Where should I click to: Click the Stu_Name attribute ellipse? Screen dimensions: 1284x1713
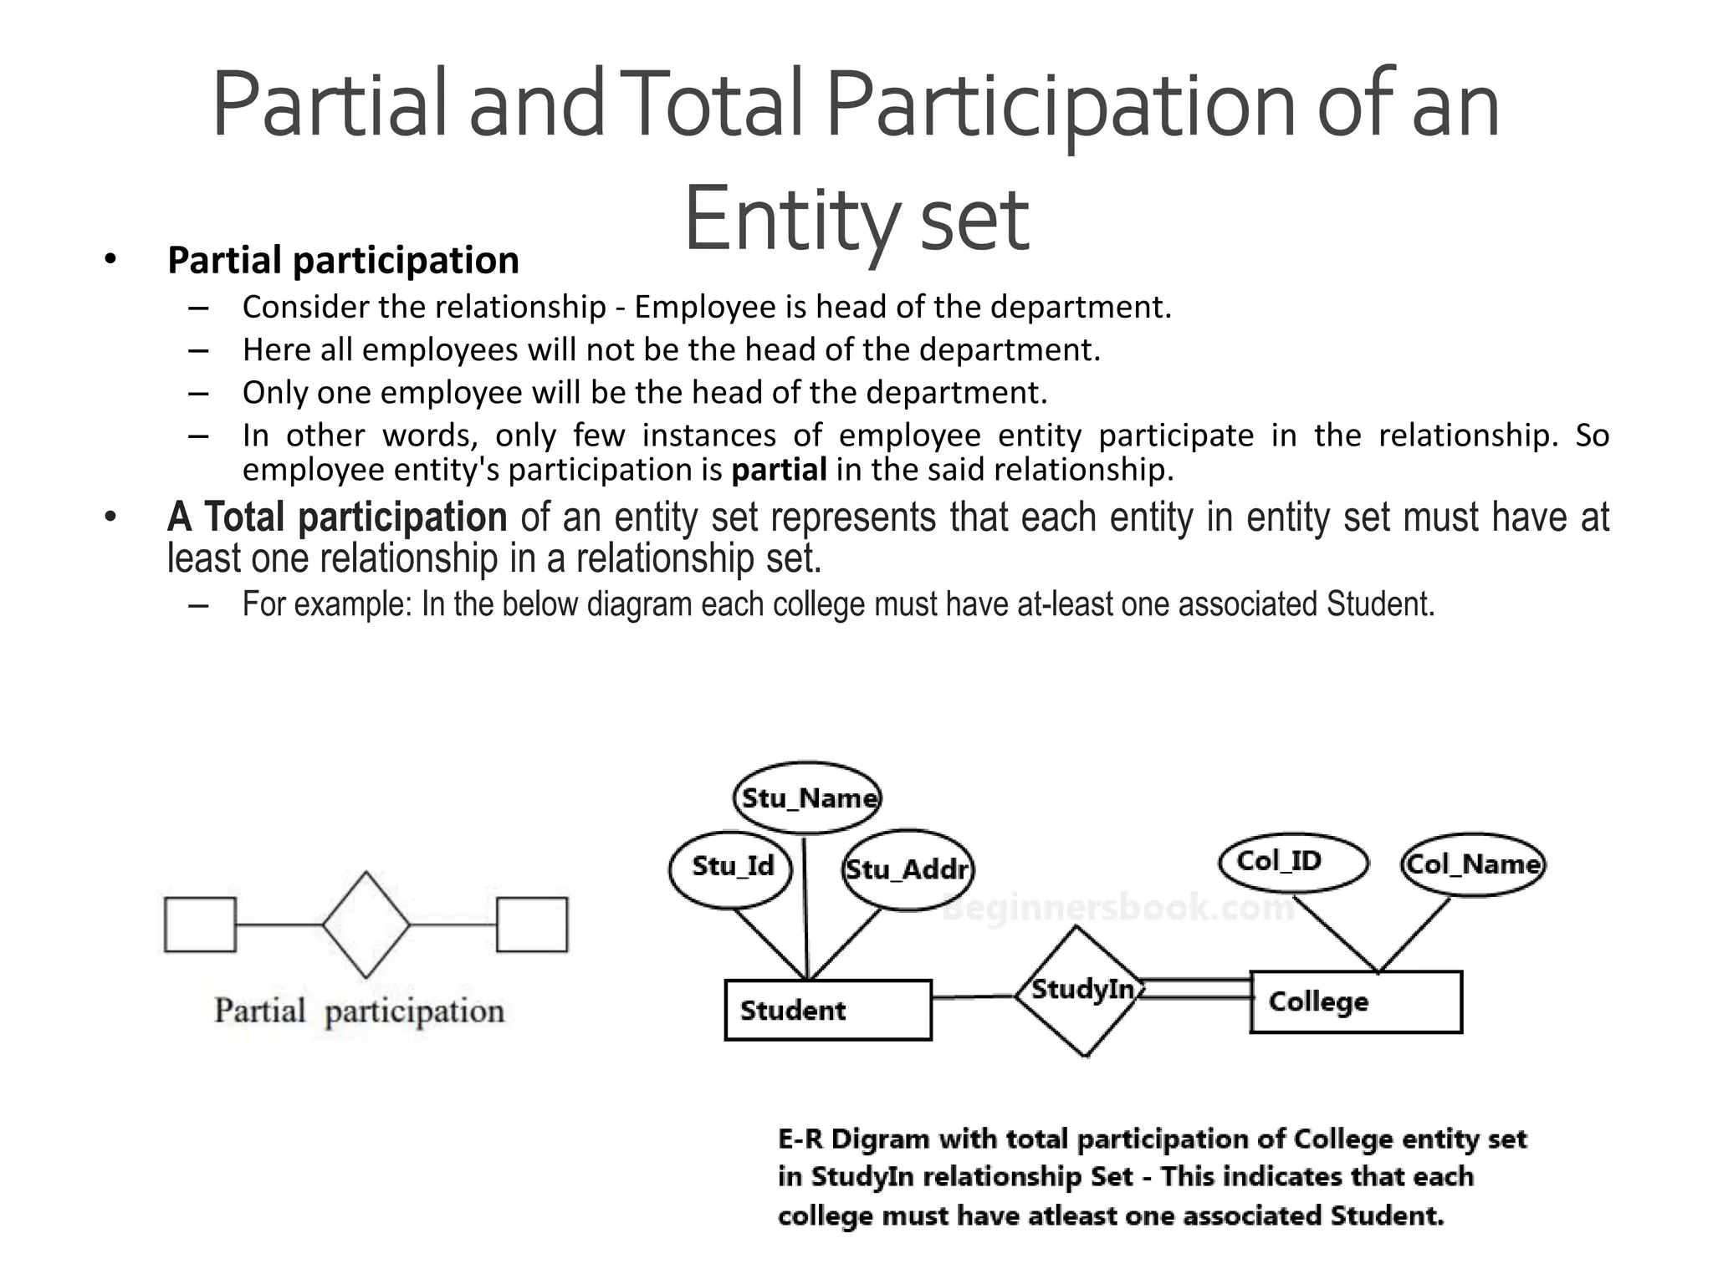(x=808, y=797)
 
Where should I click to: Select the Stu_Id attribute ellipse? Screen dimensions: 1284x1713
(x=731, y=868)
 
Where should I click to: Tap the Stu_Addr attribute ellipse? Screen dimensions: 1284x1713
(x=908, y=869)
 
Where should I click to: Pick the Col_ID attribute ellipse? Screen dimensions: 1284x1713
(x=1293, y=862)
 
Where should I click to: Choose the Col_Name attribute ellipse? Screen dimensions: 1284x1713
(x=1473, y=864)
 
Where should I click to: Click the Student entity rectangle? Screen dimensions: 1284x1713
(x=828, y=1010)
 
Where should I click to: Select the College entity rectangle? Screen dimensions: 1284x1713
(x=1356, y=1001)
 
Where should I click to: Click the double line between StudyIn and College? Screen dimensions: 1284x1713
(x=1196, y=990)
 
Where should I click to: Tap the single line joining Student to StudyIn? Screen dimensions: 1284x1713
(x=973, y=997)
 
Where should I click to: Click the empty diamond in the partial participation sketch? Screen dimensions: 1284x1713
(x=366, y=925)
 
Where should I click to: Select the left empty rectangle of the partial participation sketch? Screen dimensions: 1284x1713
(x=200, y=925)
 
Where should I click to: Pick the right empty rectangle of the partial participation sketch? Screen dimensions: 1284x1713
(x=532, y=925)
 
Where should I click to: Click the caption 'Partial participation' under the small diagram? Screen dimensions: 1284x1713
(x=360, y=1011)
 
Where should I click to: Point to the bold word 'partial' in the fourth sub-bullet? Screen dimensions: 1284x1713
(x=779, y=470)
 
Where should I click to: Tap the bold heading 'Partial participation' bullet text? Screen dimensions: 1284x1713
(x=343, y=260)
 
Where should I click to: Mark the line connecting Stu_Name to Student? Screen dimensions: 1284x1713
(x=805, y=907)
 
